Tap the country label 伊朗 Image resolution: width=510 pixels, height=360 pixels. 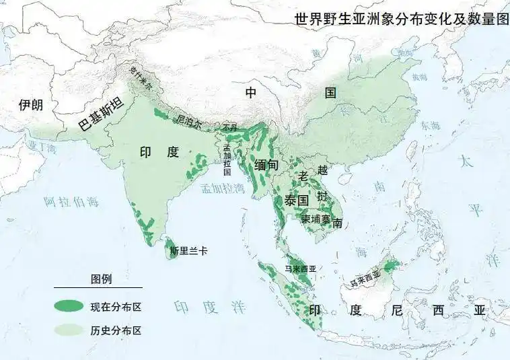click(30, 105)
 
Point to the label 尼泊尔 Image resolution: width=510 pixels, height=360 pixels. click(189, 121)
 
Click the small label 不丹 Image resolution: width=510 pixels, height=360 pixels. click(229, 127)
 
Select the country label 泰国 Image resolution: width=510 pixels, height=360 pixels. click(295, 200)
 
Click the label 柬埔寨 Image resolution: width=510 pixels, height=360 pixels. click(315, 219)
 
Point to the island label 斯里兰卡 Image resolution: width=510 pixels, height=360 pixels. click(188, 251)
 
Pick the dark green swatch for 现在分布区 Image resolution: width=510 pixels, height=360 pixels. click(68, 307)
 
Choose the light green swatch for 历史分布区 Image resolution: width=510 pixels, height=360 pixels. click(68, 330)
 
